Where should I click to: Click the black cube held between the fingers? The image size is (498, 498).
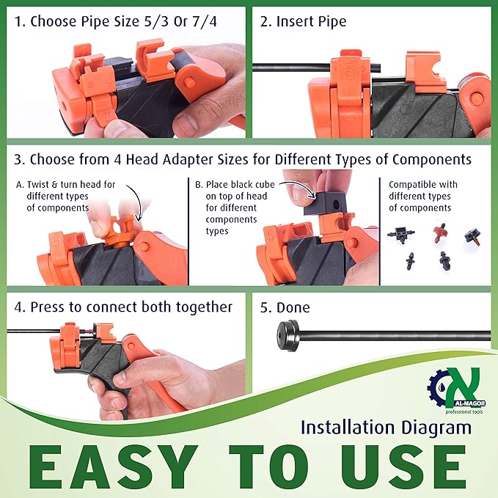(x=327, y=199)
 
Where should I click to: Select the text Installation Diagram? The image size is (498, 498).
(x=386, y=427)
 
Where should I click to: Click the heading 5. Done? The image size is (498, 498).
(x=285, y=307)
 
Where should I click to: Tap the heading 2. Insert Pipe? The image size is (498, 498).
(x=304, y=21)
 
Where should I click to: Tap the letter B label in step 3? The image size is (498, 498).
(x=199, y=184)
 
